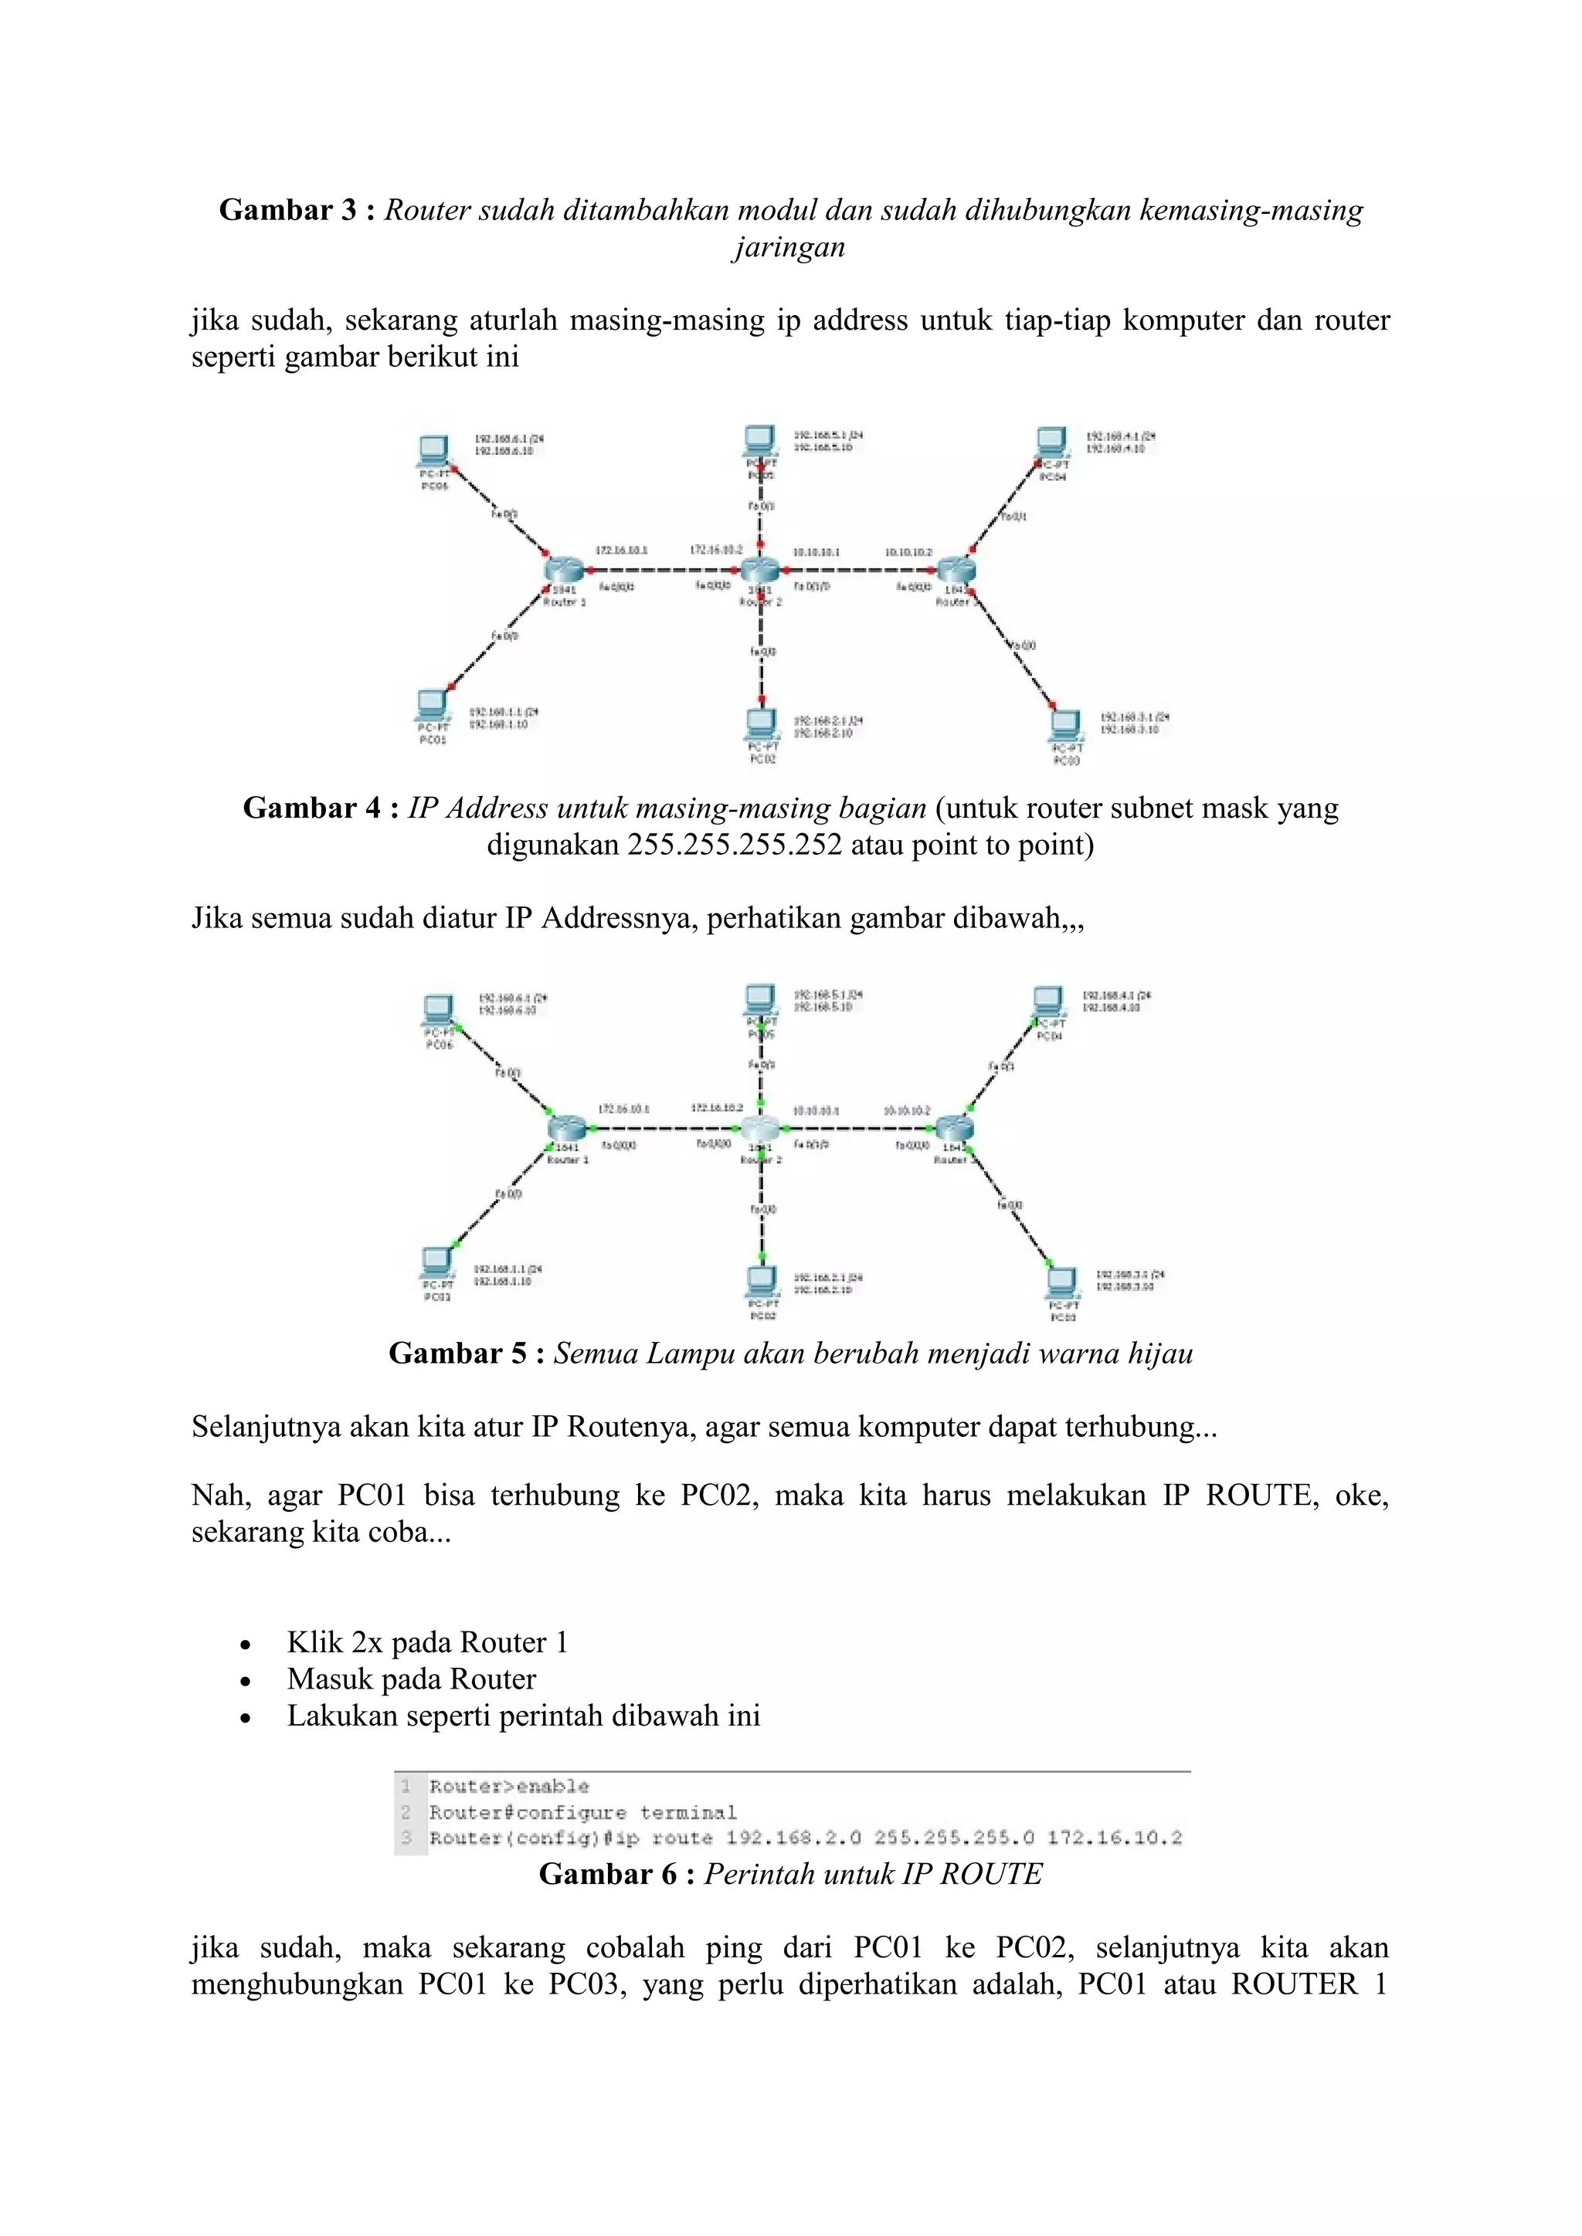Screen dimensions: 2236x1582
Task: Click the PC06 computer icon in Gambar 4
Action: [433, 451]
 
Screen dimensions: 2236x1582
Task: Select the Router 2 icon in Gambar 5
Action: [760, 1129]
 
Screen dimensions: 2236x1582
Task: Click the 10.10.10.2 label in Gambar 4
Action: [908, 552]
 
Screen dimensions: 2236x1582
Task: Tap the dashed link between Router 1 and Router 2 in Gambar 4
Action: [663, 570]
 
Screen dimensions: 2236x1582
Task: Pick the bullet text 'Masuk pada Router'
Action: [411, 1679]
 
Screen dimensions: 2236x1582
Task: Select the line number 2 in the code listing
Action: [406, 1812]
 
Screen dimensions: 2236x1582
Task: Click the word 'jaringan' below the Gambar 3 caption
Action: [789, 246]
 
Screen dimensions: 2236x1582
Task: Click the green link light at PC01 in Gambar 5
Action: [455, 1244]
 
